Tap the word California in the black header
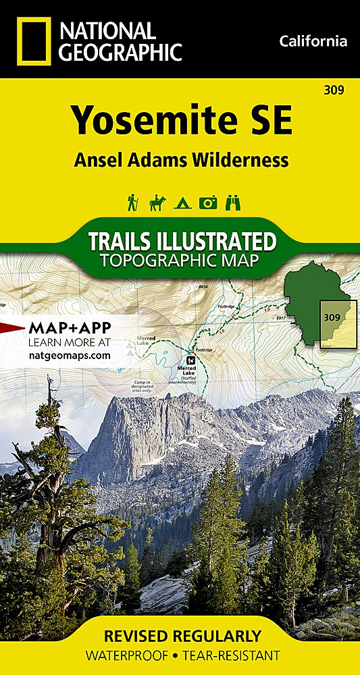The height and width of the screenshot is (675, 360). (x=313, y=42)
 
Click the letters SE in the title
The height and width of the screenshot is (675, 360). (x=269, y=122)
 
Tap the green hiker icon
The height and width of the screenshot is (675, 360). (x=133, y=202)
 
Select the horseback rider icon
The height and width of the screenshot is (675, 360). (x=157, y=202)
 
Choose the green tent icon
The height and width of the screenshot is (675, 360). (x=182, y=203)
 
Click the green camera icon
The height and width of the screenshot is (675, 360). (x=208, y=202)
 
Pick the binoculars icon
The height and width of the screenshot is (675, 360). (x=232, y=202)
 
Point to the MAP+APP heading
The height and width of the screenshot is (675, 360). (x=70, y=328)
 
